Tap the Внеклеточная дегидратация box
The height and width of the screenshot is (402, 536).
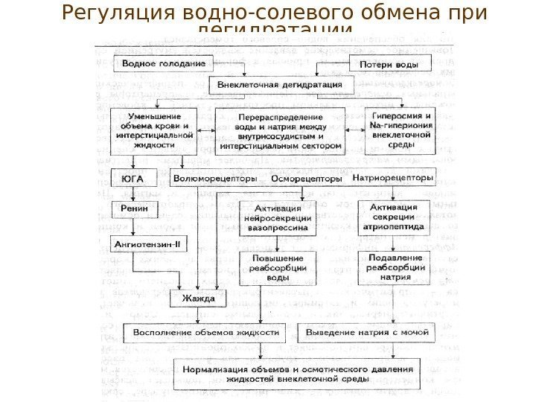tap(279, 85)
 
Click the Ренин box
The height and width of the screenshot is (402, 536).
tap(130, 209)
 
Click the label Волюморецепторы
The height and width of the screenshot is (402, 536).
tap(214, 179)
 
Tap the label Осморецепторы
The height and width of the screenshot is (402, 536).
tap(307, 179)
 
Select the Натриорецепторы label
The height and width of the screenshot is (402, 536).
tap(392, 179)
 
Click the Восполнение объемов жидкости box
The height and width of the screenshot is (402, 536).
tap(206, 331)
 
